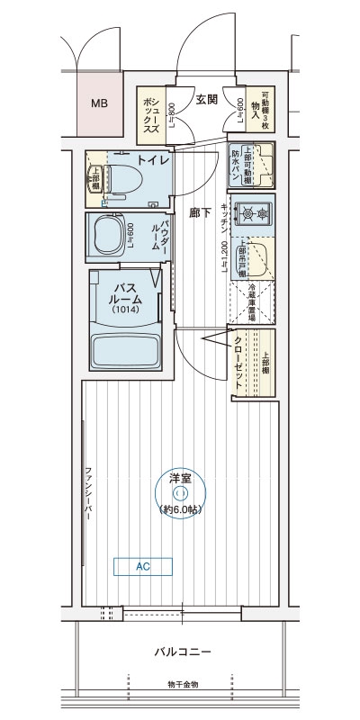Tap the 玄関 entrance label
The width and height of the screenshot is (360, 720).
pos(206,99)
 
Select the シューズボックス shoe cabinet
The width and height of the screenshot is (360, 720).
pos(150,115)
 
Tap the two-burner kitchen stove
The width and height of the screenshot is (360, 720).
pos(251,213)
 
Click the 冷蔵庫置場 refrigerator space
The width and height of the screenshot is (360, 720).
pos(253,303)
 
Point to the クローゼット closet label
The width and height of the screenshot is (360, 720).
pos(238,360)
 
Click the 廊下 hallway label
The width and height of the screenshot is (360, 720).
pos(201,213)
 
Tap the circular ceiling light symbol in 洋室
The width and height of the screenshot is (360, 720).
pos(180,492)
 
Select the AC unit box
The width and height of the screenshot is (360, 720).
pos(143,567)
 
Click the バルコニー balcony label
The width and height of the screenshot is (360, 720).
pos(182,652)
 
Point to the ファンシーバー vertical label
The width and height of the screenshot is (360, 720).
pos(89,500)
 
